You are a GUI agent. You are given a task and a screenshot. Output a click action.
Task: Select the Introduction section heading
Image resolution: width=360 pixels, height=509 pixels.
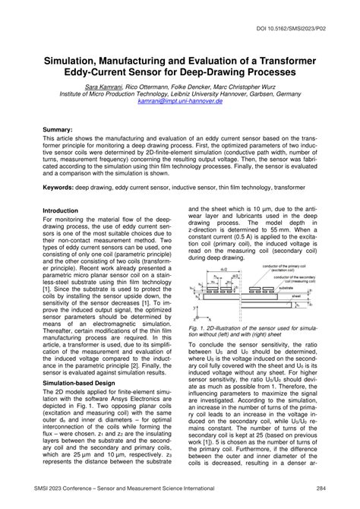66,210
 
